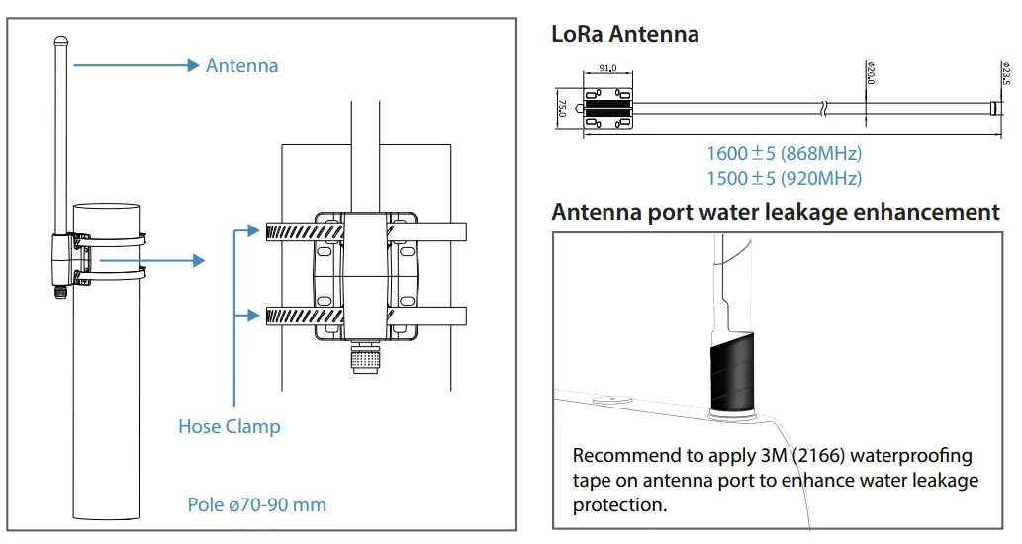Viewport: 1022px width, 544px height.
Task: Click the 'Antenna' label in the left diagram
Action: click(x=241, y=66)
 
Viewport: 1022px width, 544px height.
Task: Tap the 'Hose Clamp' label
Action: click(x=229, y=427)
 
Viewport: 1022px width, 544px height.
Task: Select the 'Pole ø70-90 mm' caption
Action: click(x=256, y=504)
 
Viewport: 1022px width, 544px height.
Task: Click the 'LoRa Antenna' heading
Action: click(x=624, y=34)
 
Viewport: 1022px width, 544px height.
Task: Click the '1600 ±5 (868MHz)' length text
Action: click(x=784, y=154)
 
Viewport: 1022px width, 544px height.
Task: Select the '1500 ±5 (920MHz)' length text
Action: click(x=784, y=179)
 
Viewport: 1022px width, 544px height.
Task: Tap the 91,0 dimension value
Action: click(x=608, y=68)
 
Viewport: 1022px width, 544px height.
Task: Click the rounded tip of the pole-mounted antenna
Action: click(x=60, y=43)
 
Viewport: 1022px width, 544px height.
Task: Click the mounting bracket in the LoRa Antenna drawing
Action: click(x=608, y=108)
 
